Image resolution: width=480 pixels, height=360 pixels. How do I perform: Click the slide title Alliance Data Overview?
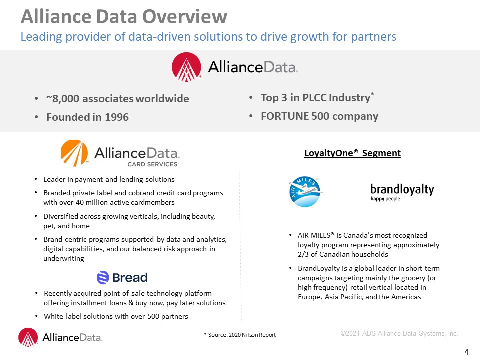tap(124, 16)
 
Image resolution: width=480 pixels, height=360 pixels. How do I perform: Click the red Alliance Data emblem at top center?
tap(186, 67)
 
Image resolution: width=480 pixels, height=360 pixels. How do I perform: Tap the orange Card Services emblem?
tap(74, 153)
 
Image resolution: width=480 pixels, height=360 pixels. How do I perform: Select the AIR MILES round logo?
tap(305, 192)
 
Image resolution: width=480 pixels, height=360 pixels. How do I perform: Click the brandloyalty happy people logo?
tap(402, 192)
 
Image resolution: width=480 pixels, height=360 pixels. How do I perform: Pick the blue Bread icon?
tap(103, 277)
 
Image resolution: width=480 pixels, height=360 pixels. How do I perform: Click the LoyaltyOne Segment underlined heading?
tap(352, 153)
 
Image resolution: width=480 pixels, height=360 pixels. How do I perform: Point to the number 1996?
tap(117, 117)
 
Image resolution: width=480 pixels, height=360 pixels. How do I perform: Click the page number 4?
tap(467, 352)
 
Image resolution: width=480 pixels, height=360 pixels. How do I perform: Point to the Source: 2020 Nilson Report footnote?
tap(240, 335)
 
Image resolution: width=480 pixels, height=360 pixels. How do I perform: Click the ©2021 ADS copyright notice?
tap(399, 333)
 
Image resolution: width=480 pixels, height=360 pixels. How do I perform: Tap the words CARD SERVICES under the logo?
tap(152, 164)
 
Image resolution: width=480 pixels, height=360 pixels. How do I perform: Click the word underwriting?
tap(64, 258)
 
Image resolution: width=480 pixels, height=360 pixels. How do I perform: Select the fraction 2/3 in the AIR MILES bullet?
tap(303, 254)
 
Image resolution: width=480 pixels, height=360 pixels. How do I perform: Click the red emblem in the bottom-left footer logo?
tap(28, 337)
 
